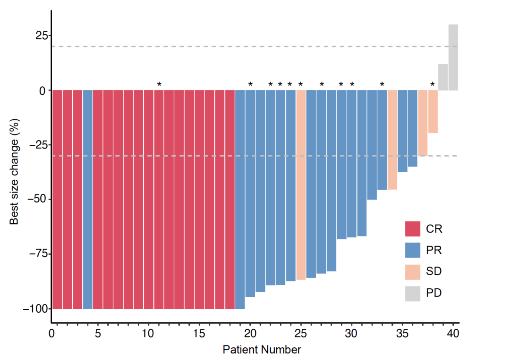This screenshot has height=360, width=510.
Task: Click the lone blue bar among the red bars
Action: click(87, 199)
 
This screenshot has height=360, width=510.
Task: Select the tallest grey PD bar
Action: click(453, 57)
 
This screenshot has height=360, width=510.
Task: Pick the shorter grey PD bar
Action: click(443, 77)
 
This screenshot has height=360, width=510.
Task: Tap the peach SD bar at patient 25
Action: click(301, 184)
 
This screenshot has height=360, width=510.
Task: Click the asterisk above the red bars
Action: click(159, 85)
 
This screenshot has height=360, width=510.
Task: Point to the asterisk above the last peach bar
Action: click(433, 85)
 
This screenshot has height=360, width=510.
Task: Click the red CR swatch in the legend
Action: click(413, 229)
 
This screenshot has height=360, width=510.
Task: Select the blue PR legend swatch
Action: click(413, 250)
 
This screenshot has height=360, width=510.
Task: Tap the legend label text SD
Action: click(434, 271)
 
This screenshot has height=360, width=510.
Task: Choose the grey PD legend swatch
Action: click(413, 293)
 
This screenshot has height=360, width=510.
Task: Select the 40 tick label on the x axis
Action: click(453, 334)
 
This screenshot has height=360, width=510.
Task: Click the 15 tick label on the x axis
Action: click(199, 334)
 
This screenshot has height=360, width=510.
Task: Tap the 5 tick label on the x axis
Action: click(98, 334)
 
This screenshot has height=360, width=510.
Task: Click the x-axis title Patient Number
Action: click(262, 350)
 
